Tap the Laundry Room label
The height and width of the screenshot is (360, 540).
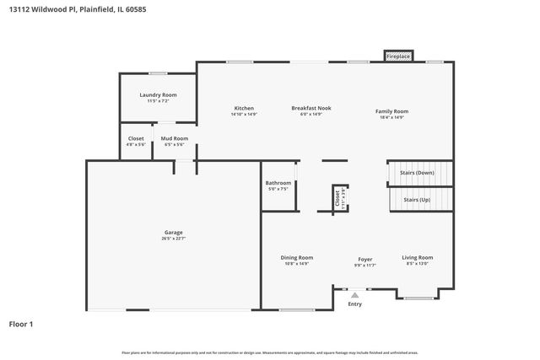tap(158, 95)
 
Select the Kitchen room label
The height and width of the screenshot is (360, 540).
tap(244, 109)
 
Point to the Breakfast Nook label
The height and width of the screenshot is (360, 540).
tap(311, 109)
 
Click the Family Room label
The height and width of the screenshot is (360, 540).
tap(391, 111)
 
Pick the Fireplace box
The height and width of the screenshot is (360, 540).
tap(399, 56)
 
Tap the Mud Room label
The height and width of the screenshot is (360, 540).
tap(175, 138)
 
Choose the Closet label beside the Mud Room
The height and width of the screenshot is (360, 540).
tap(136, 138)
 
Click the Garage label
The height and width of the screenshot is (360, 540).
tap(174, 232)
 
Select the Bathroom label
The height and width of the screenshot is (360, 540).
tap(278, 183)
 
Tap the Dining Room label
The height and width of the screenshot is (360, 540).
tap(297, 257)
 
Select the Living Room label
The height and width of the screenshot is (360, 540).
tap(417, 257)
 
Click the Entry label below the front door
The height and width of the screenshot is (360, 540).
tap(355, 304)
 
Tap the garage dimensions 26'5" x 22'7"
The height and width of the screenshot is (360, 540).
tap(174, 239)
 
